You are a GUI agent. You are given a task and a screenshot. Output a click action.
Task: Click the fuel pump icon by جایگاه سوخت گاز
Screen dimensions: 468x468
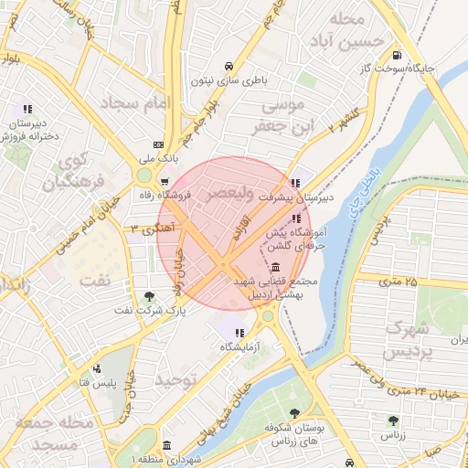point(396,54)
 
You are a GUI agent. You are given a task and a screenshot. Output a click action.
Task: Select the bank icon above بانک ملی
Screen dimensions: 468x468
point(157,144)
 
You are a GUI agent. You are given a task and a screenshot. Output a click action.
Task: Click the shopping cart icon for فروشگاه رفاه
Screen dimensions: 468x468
point(164,180)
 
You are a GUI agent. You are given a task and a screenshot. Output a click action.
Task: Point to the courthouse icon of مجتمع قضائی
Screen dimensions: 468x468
point(276,266)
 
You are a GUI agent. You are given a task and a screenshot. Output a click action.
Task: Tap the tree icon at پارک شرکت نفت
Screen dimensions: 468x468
point(149,295)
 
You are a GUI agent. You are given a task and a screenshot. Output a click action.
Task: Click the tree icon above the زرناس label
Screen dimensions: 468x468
point(393,420)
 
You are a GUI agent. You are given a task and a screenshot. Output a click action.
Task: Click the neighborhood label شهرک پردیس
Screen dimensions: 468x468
point(408,339)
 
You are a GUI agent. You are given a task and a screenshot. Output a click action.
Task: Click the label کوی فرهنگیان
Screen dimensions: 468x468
point(73,170)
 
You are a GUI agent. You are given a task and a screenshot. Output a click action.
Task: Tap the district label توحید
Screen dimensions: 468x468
point(175,378)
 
